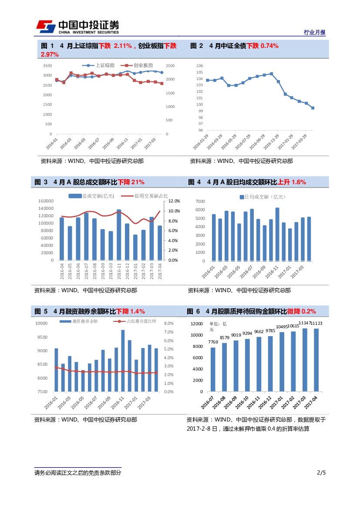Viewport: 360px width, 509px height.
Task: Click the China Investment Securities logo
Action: point(77,27)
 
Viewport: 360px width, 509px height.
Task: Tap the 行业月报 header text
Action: point(314,33)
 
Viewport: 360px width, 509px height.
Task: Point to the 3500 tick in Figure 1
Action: point(47,66)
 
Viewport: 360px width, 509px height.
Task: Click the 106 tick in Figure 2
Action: point(199,66)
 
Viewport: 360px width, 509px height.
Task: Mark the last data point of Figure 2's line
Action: point(313,108)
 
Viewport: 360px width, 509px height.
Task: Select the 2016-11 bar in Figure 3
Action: point(119,235)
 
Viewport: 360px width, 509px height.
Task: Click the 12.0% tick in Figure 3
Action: point(174,201)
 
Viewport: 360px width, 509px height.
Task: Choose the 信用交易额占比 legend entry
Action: point(145,196)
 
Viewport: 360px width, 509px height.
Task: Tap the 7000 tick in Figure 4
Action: point(200,202)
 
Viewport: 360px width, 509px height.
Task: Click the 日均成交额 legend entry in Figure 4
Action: point(263,197)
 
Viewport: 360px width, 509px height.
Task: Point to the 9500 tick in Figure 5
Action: point(42,337)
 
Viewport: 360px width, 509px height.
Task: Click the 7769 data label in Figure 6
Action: point(213,342)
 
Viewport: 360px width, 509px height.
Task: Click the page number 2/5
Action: point(321,473)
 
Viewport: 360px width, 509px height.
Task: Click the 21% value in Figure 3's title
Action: point(138,182)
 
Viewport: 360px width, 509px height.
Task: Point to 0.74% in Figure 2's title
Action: point(269,46)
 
